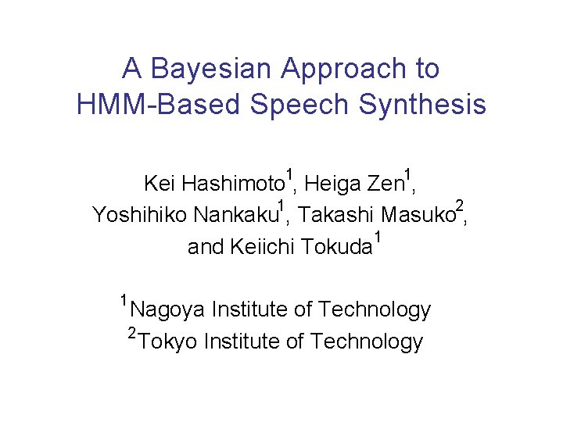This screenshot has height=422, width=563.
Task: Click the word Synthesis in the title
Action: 416,104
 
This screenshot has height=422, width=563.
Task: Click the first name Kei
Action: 160,184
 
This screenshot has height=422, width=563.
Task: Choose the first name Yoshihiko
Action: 140,214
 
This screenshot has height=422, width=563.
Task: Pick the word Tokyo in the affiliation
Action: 168,342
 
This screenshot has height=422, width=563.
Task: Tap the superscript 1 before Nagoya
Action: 124,299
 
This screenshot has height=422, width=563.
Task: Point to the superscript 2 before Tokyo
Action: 133,334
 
